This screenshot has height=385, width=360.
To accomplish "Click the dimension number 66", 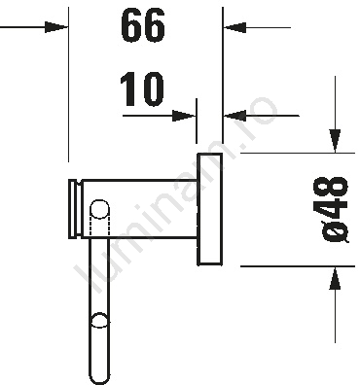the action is pyautogui.click(x=143, y=25).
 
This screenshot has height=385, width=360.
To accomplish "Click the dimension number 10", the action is pyautogui.click(x=142, y=89).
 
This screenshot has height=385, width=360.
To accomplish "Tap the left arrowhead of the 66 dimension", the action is pyautogui.click(x=56, y=27).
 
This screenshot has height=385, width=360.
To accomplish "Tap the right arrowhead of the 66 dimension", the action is pyautogui.click(x=234, y=27).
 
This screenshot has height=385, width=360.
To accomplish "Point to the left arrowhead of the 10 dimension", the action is pyautogui.click(x=184, y=116).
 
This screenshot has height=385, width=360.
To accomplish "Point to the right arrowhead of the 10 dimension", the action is pyautogui.click(x=234, y=116).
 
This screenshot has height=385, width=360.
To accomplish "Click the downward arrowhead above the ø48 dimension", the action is pyautogui.click(x=335, y=140).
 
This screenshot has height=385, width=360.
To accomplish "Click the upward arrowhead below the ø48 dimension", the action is pyautogui.click(x=335, y=278).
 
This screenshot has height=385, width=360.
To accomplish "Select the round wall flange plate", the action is pyautogui.click(x=209, y=209).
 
